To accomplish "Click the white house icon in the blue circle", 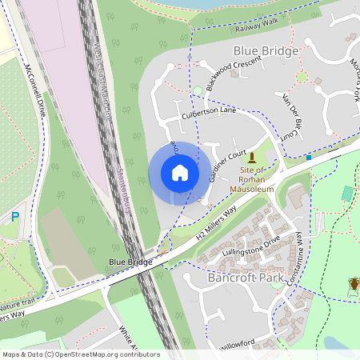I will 180,172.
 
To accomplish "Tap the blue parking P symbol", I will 15,216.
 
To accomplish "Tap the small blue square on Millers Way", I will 309,158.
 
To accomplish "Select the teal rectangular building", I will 347,194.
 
